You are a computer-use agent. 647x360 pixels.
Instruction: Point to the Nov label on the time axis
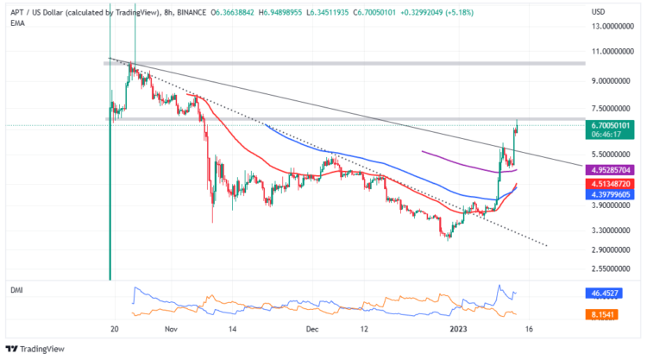170,330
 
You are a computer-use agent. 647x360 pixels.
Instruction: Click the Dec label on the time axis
313,330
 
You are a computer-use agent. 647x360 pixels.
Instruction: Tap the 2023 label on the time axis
458,330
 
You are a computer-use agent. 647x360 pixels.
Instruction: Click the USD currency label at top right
598,11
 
